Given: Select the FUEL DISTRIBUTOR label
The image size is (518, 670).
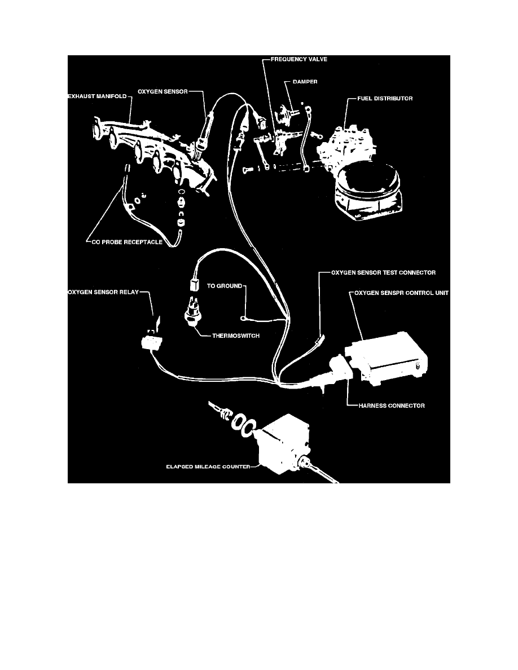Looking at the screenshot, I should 385,99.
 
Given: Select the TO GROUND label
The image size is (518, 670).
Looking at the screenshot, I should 224,286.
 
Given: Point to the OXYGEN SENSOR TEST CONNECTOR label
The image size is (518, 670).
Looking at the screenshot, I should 383,272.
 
